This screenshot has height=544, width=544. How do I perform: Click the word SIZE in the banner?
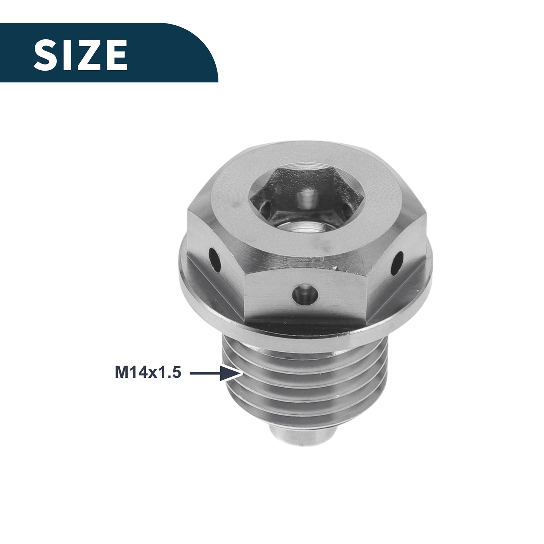[x=80, y=55]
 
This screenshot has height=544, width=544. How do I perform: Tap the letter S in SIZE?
[x=45, y=55]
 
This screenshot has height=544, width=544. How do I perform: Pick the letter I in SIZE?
[x=67, y=55]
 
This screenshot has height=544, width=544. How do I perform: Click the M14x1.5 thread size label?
[x=148, y=373]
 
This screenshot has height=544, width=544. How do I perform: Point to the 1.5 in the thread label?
[x=170, y=373]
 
